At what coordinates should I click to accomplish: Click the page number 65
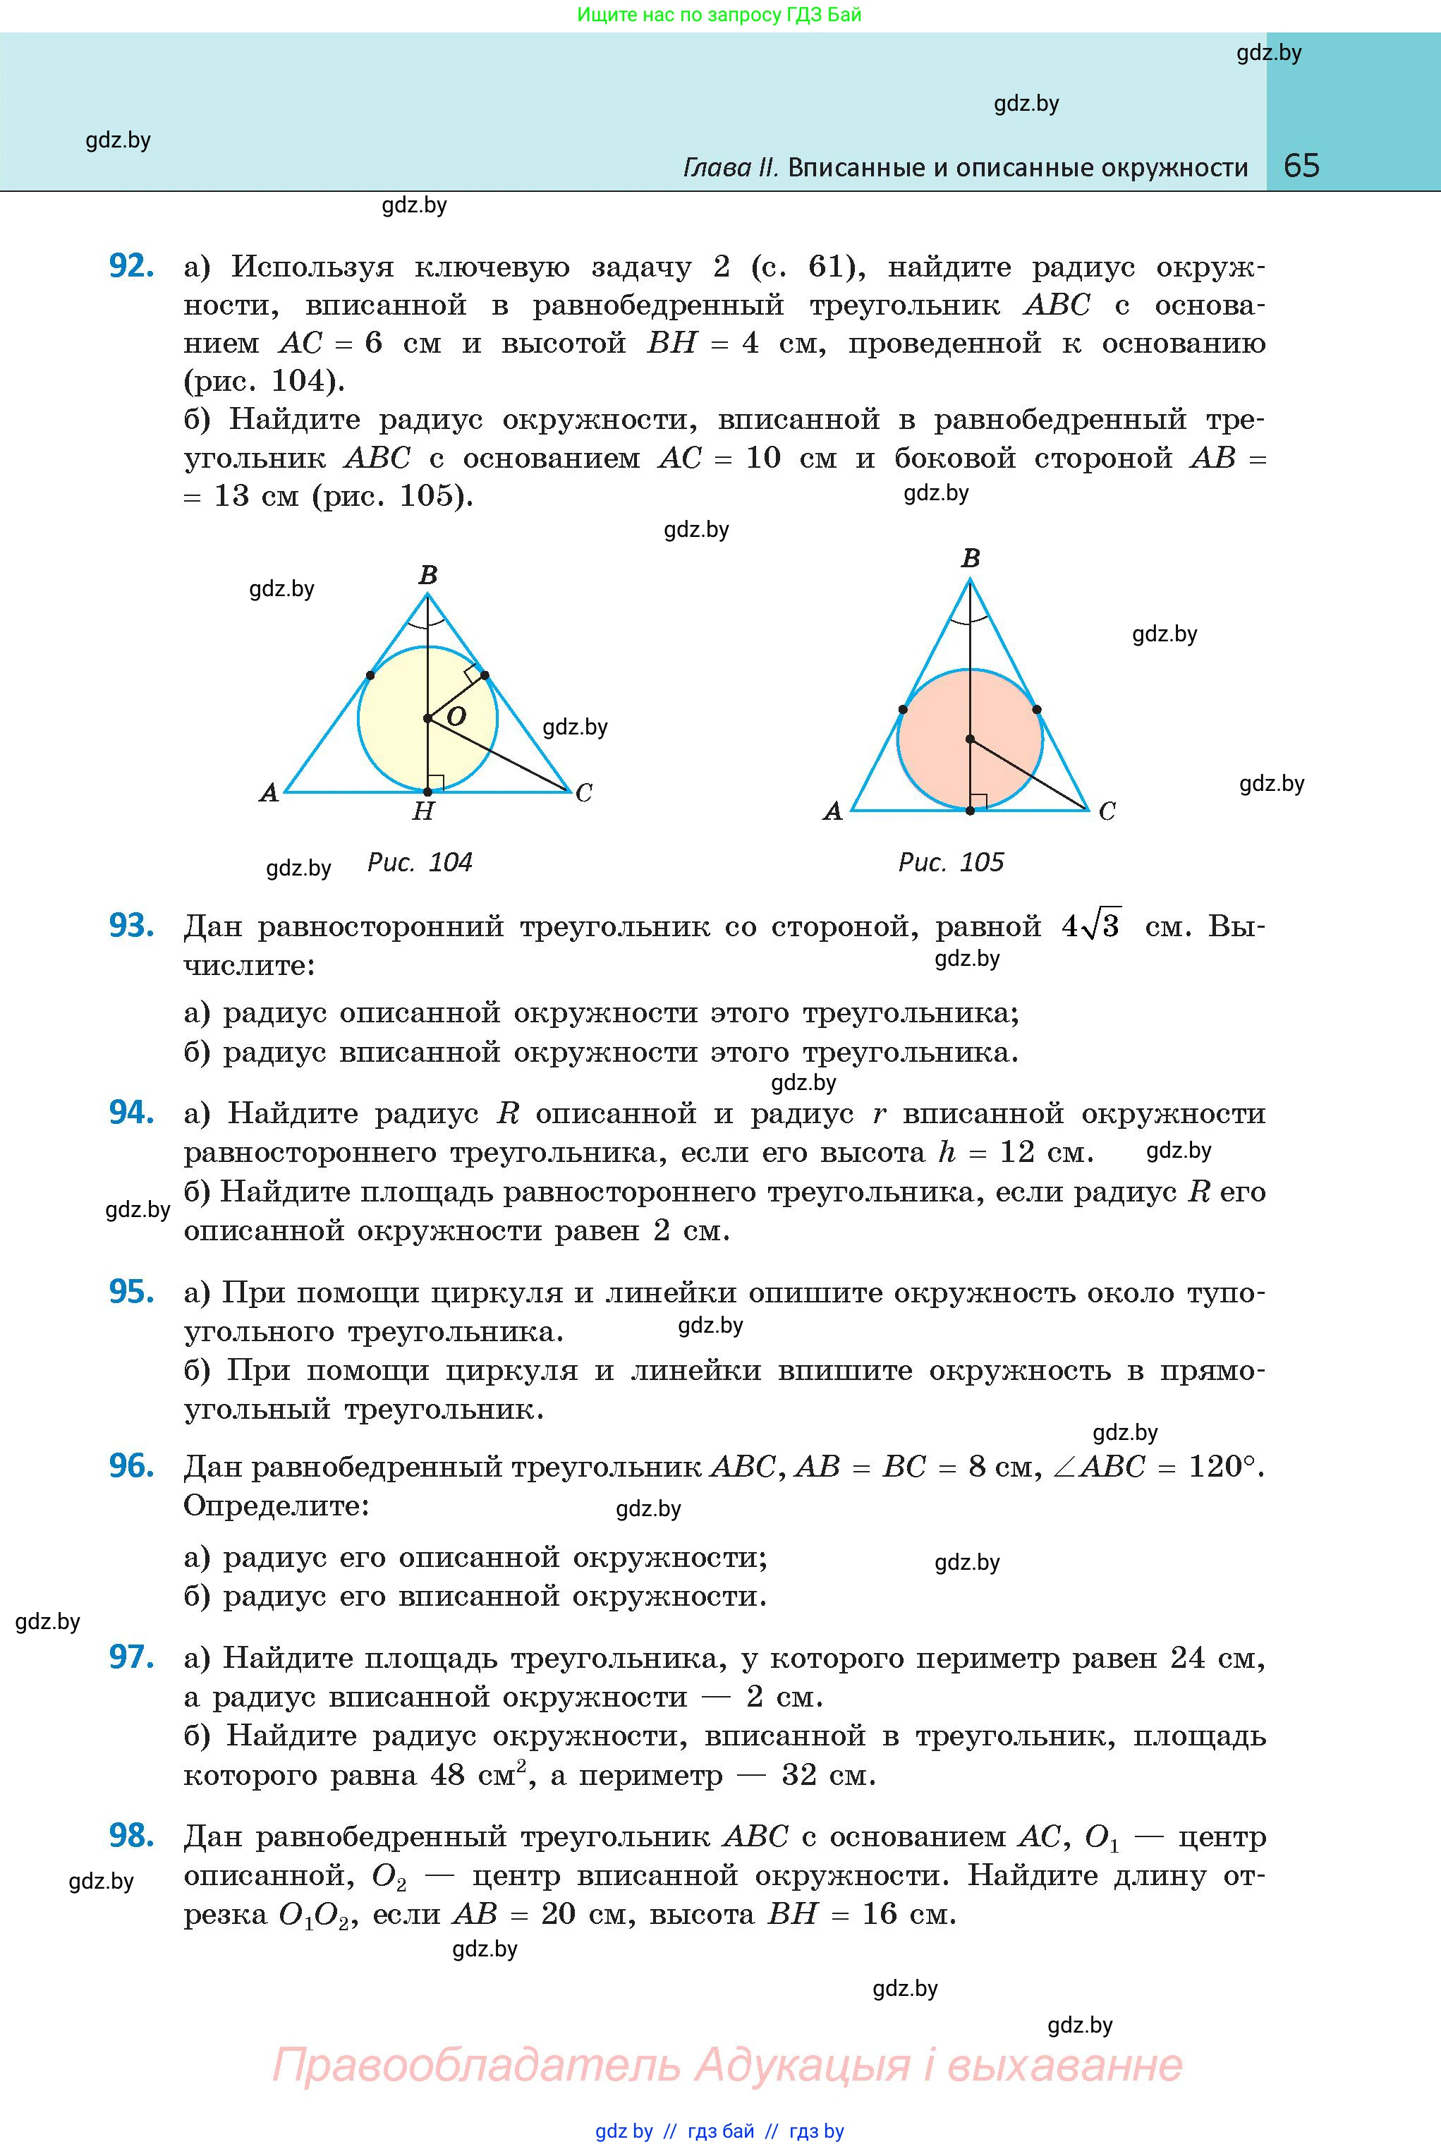(1301, 166)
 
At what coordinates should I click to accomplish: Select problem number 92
(130, 266)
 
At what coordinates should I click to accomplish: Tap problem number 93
(130, 926)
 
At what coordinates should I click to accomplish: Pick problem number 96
(130, 1466)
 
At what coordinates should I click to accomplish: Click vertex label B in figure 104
(428, 576)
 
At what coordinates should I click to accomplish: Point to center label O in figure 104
(456, 716)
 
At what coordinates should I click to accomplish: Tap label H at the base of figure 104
(422, 811)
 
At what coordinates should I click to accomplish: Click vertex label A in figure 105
(832, 811)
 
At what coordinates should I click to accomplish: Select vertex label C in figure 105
(1107, 811)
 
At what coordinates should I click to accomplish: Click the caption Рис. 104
(419, 862)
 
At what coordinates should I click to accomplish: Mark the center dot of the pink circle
(971, 739)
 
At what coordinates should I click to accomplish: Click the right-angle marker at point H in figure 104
(436, 783)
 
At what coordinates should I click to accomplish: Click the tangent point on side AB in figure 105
(902, 710)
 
